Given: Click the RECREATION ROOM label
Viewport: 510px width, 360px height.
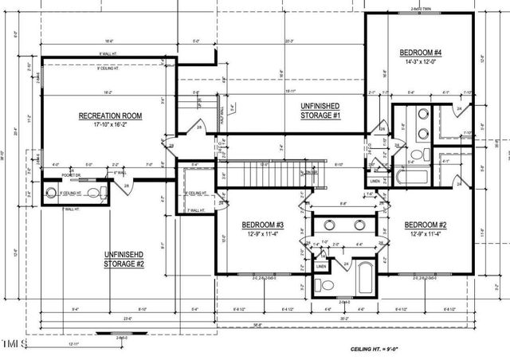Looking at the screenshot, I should click(x=110, y=116).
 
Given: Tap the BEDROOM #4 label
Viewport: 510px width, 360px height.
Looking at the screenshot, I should click(x=419, y=53).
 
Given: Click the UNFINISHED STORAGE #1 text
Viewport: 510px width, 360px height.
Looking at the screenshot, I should click(x=320, y=111).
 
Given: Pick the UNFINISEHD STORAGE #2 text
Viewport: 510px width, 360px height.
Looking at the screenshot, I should click(x=124, y=258).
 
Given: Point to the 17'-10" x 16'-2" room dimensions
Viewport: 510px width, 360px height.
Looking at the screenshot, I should click(x=110, y=125).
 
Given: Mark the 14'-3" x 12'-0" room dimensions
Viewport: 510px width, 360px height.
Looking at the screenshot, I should click(x=419, y=62).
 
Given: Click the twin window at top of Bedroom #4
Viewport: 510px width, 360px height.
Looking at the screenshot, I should click(x=421, y=10).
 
